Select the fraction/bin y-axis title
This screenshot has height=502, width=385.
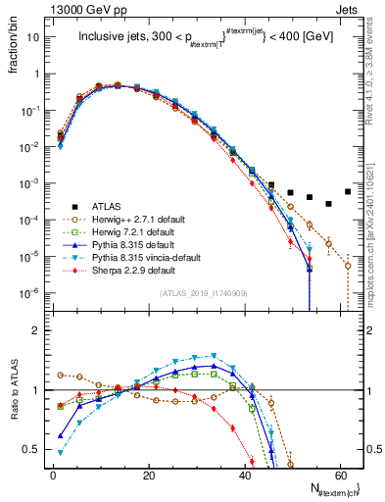(x=12, y=49)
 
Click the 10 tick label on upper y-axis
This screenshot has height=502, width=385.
(x=33, y=37)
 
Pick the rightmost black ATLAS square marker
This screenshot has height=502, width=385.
(x=348, y=191)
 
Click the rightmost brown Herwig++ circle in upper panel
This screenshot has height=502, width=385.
(x=348, y=265)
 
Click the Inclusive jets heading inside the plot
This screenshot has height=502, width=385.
(x=204, y=39)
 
